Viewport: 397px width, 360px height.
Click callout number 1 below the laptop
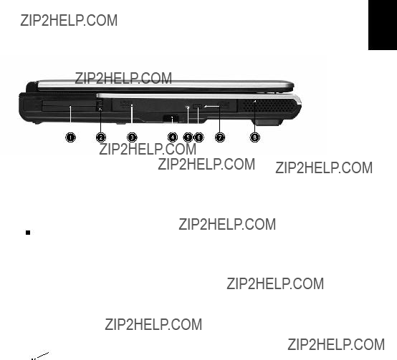click(70, 137)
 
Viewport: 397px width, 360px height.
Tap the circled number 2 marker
click(101, 137)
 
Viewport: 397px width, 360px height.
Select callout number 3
click(132, 137)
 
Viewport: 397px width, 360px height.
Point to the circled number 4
click(173, 137)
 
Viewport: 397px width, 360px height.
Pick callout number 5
click(188, 137)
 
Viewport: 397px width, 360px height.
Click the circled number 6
click(198, 137)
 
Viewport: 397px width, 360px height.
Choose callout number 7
click(220, 137)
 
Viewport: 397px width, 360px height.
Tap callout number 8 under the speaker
click(254, 137)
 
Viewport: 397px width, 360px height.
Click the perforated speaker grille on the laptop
click(268, 106)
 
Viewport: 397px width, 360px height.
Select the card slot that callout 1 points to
click(69, 106)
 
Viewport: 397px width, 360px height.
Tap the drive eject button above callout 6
click(198, 107)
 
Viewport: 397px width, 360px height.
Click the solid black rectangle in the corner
click(383, 25)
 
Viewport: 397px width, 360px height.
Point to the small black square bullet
click(28, 233)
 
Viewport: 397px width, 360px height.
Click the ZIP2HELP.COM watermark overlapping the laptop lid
click(123, 78)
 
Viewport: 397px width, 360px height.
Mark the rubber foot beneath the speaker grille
click(267, 122)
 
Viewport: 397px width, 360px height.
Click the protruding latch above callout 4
click(171, 118)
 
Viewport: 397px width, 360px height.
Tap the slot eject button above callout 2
click(100, 105)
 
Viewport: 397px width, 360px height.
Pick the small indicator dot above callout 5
click(188, 107)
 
